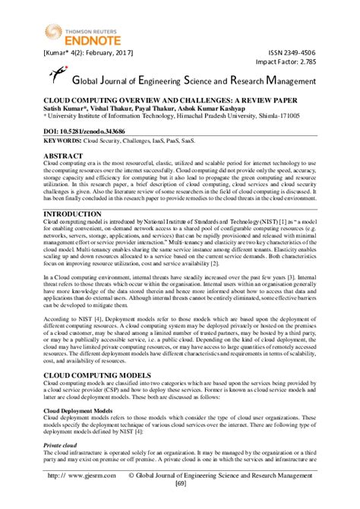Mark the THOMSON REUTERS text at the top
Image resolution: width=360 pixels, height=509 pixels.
coord(66,22)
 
